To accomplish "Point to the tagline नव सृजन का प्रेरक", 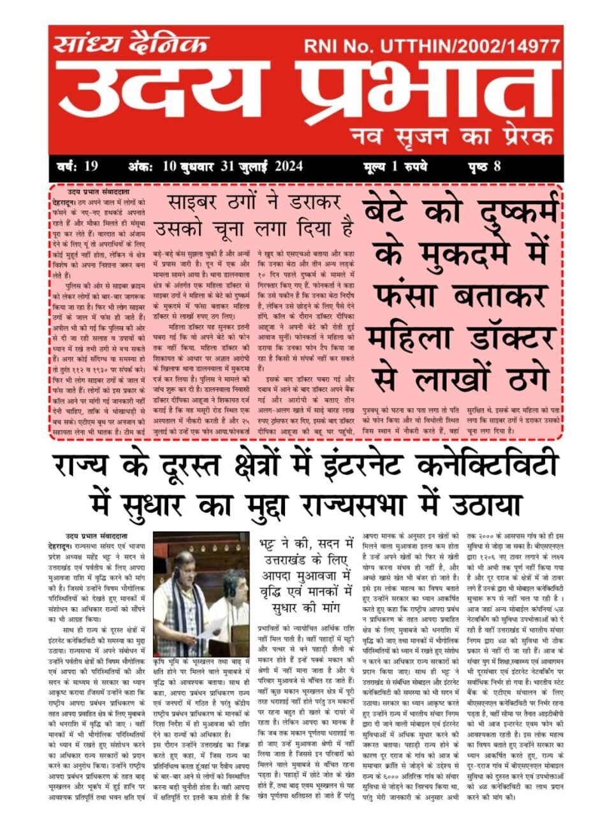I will coord(451,136).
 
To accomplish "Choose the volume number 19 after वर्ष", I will coord(91,167).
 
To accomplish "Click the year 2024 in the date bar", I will coord(289,167).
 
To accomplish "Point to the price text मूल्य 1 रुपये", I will coord(395,167).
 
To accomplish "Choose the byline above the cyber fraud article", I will coord(99,192).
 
